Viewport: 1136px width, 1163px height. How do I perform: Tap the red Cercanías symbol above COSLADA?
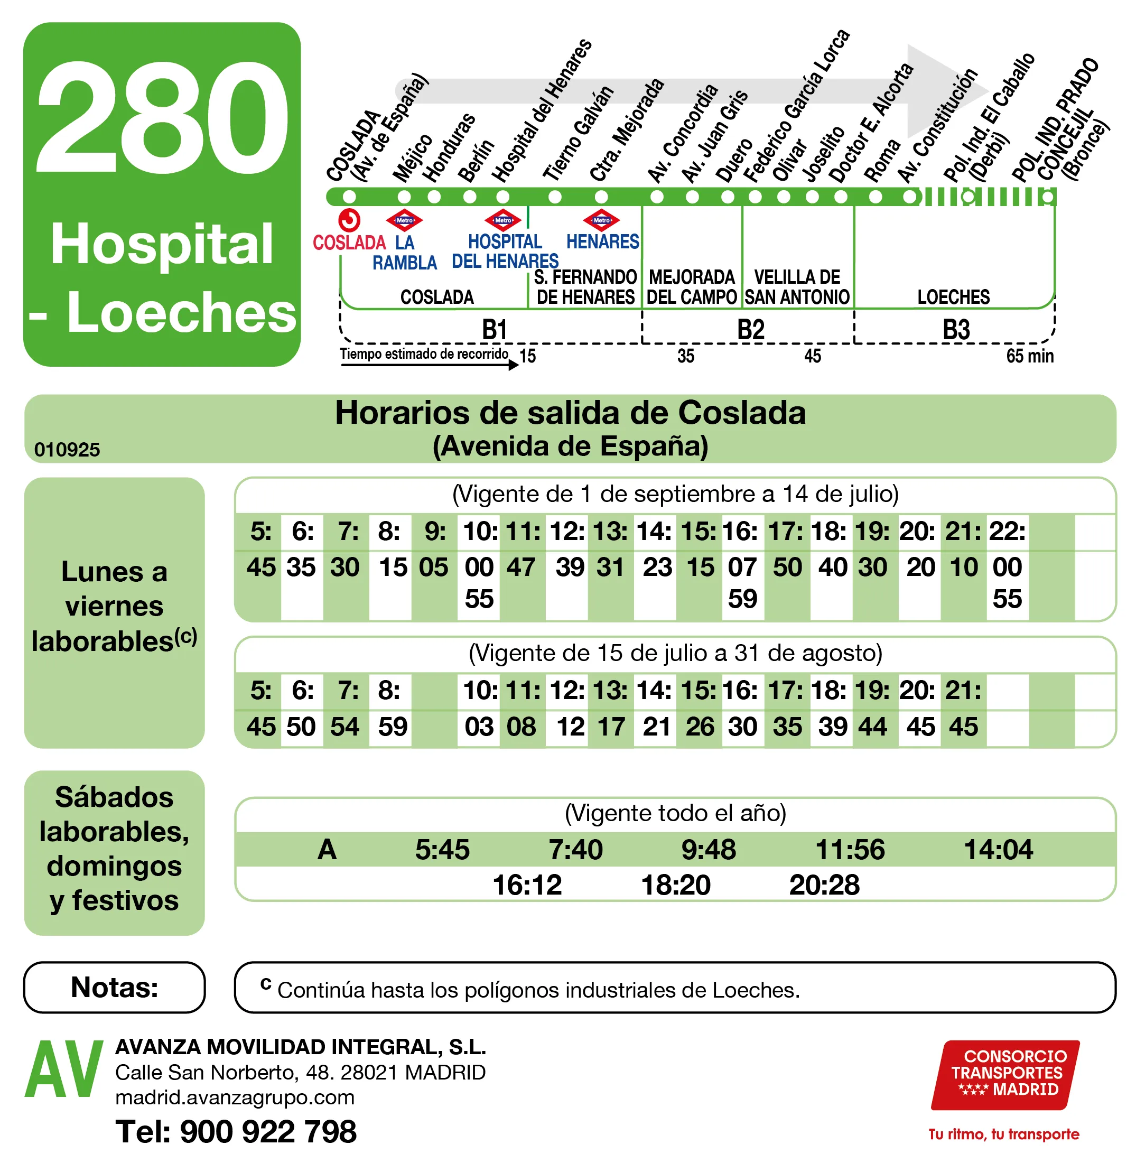[349, 220]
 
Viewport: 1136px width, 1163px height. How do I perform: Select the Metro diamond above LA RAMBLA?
[405, 220]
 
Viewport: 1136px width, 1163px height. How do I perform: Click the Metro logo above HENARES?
[601, 220]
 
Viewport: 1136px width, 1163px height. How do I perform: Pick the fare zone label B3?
[956, 329]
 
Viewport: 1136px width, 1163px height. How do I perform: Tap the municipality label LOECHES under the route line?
[953, 297]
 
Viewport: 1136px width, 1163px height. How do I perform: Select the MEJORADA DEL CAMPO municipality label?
[692, 287]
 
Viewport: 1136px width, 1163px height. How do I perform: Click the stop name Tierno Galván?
[577, 134]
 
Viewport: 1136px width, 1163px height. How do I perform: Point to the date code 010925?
[67, 449]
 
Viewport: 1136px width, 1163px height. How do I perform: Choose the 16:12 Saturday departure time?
[527, 885]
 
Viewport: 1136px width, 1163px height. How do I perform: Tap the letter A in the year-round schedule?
[327, 849]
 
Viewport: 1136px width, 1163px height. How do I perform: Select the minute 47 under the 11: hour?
[521, 567]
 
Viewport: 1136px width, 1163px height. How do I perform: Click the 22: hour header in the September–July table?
[1007, 531]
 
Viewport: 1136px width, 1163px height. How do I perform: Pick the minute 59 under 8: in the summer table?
[393, 726]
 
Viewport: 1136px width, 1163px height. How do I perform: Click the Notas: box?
[114, 987]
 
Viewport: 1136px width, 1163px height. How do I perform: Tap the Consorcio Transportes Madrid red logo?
[1006, 1074]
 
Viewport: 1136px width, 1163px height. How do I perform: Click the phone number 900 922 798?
[268, 1131]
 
